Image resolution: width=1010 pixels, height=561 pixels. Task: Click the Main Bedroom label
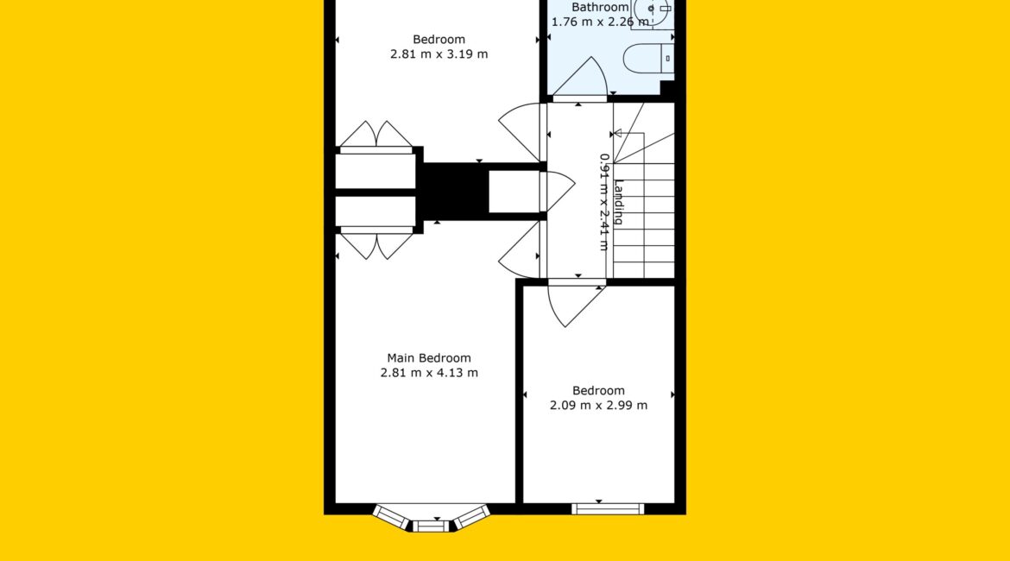point(429,358)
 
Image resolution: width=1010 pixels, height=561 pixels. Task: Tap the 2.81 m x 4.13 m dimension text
point(429,373)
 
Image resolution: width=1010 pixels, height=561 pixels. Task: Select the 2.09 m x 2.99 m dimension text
point(598,405)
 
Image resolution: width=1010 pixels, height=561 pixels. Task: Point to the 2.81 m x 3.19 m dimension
point(439,54)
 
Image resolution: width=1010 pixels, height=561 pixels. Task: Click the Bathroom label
point(600,7)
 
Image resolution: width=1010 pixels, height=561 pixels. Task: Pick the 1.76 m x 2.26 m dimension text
point(600,22)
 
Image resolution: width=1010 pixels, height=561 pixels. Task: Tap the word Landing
point(618,202)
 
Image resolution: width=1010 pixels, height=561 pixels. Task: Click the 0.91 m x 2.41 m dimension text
point(604,202)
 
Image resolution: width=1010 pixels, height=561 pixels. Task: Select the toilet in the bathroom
point(648,59)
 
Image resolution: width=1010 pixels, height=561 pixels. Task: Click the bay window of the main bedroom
point(431,519)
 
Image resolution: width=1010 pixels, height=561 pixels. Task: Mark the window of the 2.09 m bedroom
point(608,509)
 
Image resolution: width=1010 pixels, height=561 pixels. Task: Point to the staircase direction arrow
point(628,133)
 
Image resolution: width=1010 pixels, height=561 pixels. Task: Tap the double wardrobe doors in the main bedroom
point(376,245)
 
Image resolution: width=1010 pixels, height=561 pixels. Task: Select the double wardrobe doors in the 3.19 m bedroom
point(376,136)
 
